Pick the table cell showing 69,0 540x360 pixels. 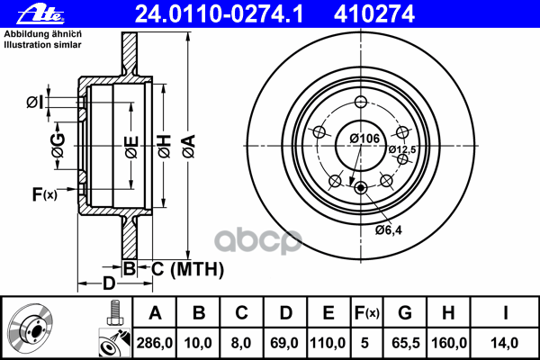coord(284,341)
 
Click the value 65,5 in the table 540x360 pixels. coord(405,341)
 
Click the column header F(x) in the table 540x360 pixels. coord(367,313)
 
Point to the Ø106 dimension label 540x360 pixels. coord(363,138)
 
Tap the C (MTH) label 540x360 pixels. coord(185,268)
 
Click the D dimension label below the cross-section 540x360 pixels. coord(108,284)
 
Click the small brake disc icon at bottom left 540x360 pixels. coord(32,329)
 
